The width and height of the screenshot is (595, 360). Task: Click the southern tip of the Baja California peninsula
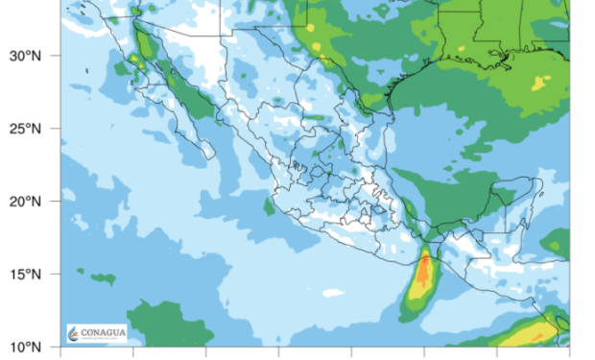point(209,154)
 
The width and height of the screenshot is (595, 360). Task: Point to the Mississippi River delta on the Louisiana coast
point(503,63)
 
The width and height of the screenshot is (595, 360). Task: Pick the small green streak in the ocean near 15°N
point(103,278)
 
